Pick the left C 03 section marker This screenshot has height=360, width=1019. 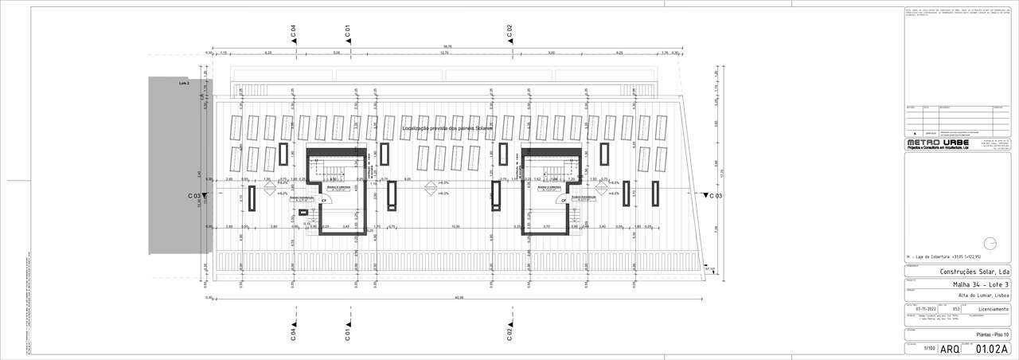(x=197, y=195)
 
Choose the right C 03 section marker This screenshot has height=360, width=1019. (x=713, y=195)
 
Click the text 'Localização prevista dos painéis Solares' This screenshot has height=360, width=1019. (x=447, y=127)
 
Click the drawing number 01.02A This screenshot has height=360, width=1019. (x=992, y=349)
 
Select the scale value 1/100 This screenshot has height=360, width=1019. (x=928, y=349)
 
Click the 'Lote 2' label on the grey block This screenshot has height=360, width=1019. (x=184, y=82)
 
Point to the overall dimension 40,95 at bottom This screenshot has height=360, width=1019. (x=458, y=298)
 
